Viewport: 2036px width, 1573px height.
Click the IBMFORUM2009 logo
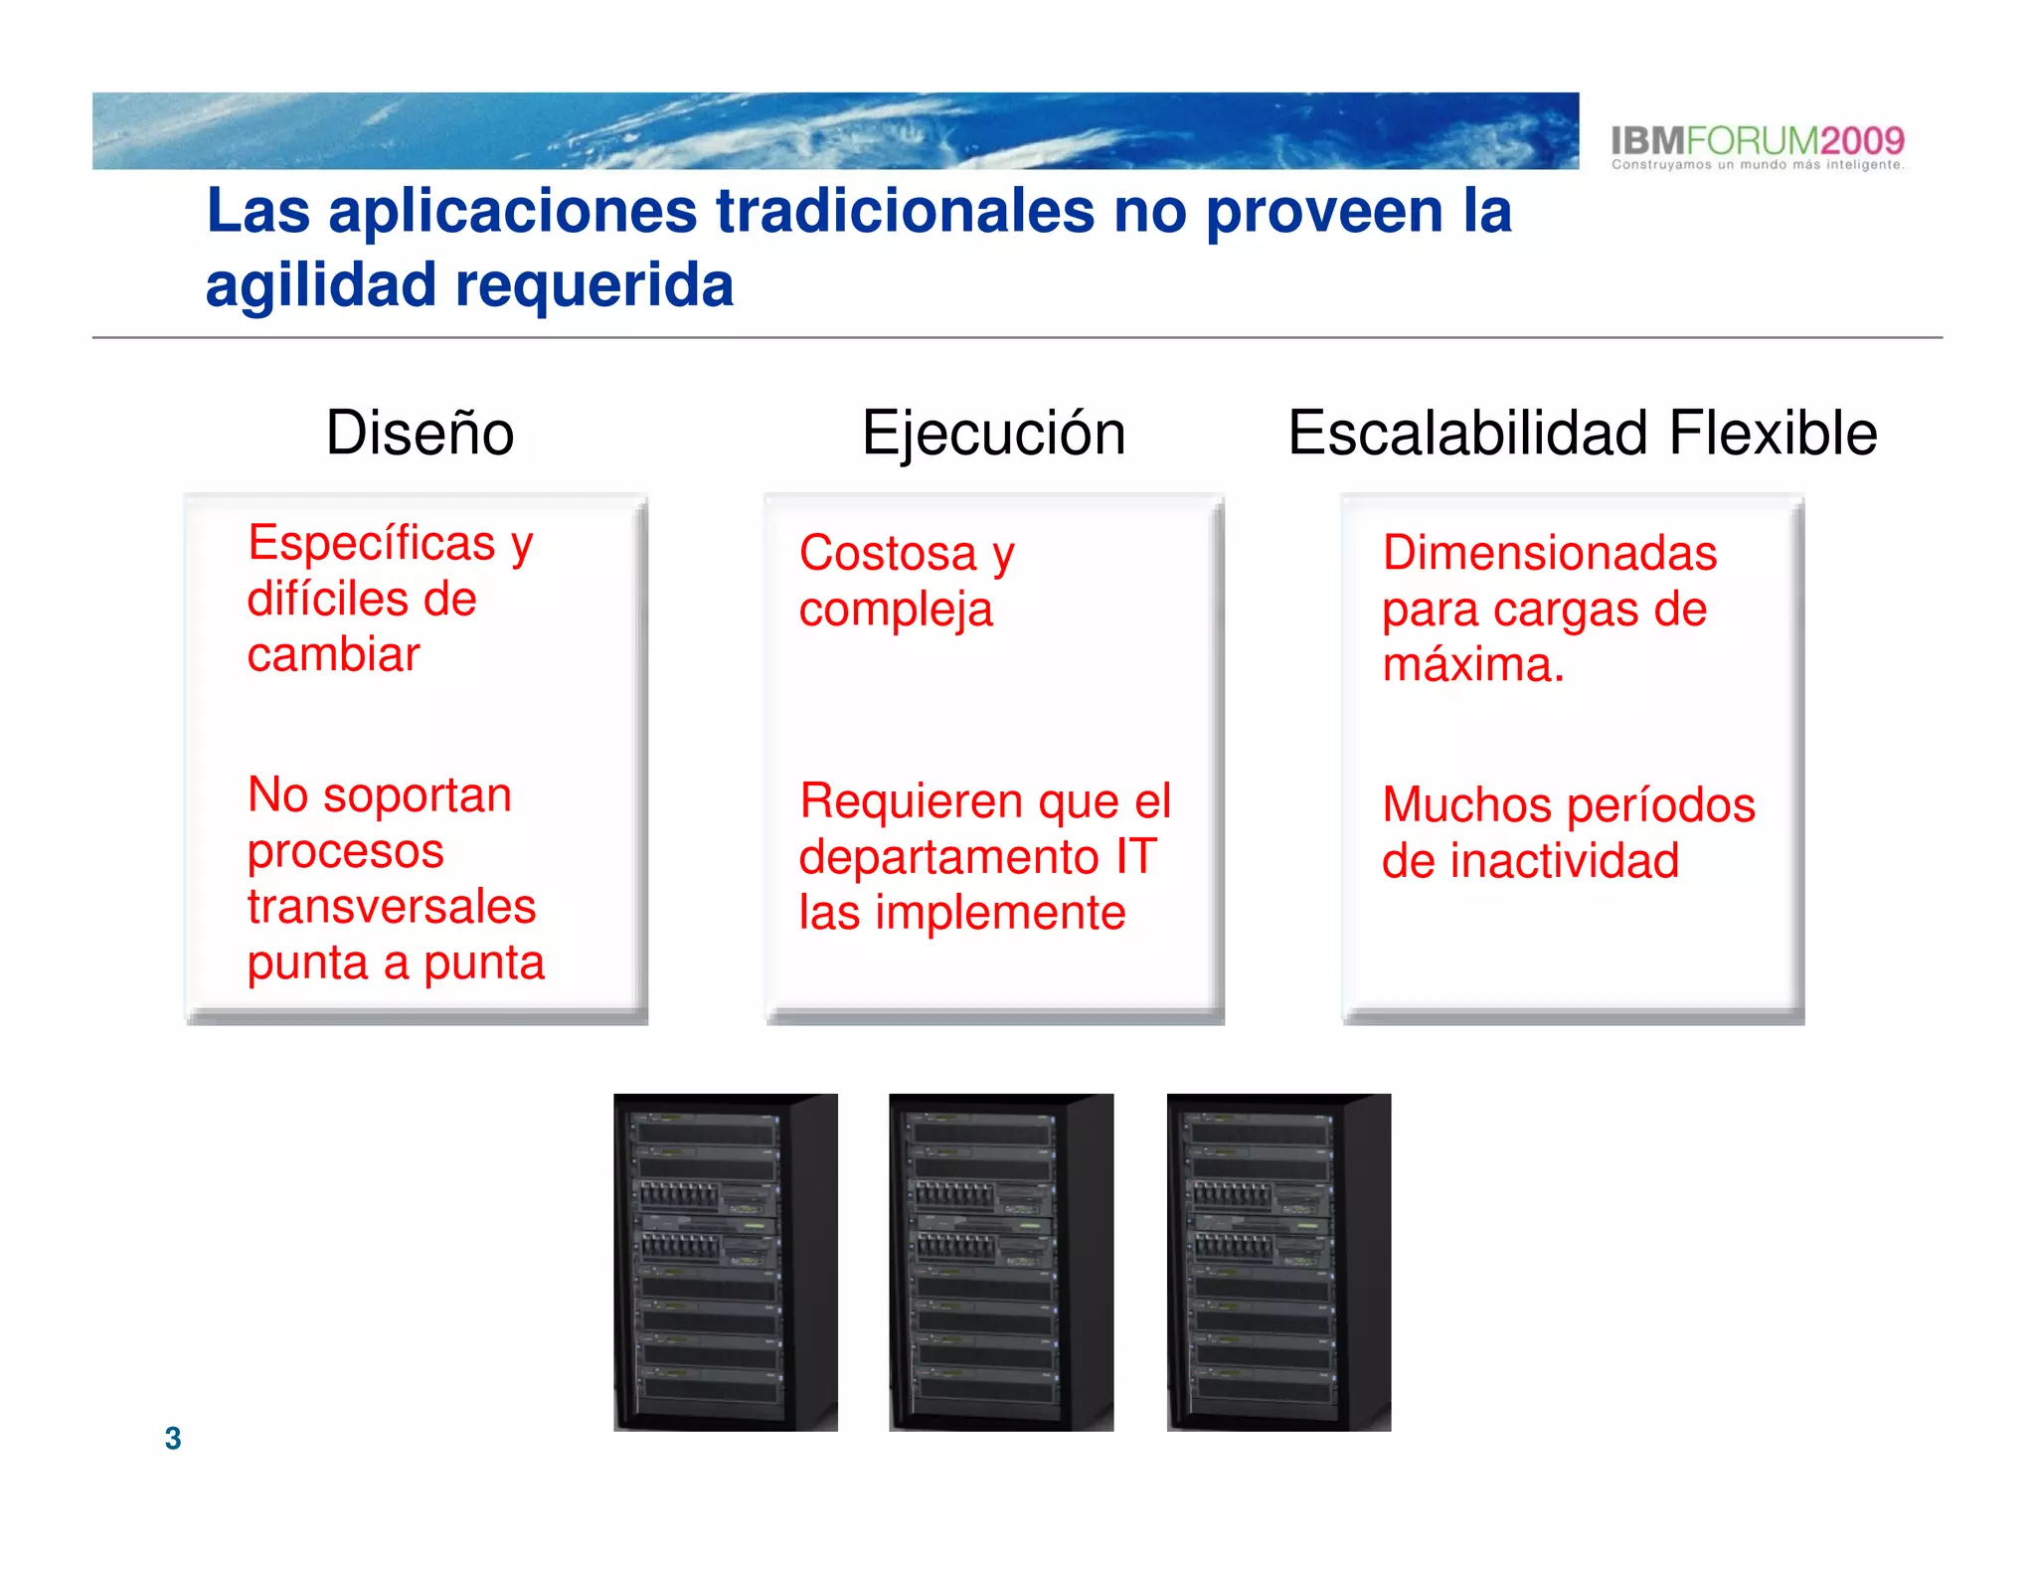(x=1757, y=145)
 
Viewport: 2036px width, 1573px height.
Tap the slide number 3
(x=173, y=1438)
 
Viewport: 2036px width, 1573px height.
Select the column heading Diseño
(x=420, y=434)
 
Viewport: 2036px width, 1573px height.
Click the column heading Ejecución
(x=993, y=434)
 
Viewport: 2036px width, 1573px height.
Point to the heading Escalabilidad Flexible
(x=1582, y=434)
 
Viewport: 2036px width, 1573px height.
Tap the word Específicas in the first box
(x=371, y=544)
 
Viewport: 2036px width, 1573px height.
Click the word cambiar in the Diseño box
(x=333, y=655)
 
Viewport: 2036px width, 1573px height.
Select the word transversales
(x=392, y=907)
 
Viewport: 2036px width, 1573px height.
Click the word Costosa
(x=888, y=553)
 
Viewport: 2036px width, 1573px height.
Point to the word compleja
(x=896, y=611)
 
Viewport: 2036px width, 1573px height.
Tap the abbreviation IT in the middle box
(x=1135, y=856)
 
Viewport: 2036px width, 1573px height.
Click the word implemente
(x=1000, y=913)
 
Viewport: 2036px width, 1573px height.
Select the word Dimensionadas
(x=1549, y=553)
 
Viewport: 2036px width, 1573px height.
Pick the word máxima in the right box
(x=1471, y=664)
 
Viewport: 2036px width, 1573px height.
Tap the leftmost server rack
(x=725, y=1262)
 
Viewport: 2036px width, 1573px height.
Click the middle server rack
(x=1000, y=1262)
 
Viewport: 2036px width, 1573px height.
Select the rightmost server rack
(x=1277, y=1262)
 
